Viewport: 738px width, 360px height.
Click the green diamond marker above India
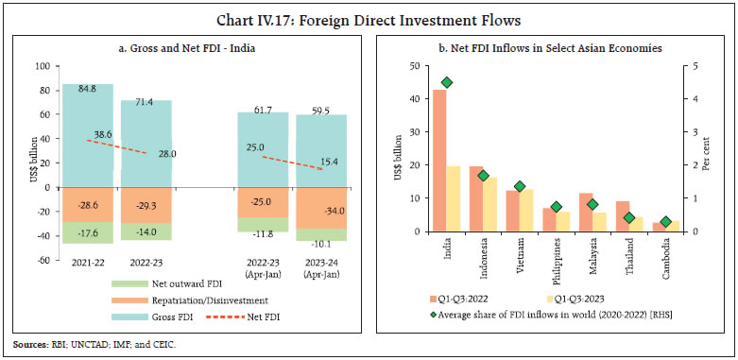pyautogui.click(x=447, y=83)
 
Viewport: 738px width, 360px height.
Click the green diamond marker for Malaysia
pyautogui.click(x=592, y=204)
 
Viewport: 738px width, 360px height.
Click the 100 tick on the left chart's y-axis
pyautogui.click(x=43, y=67)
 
